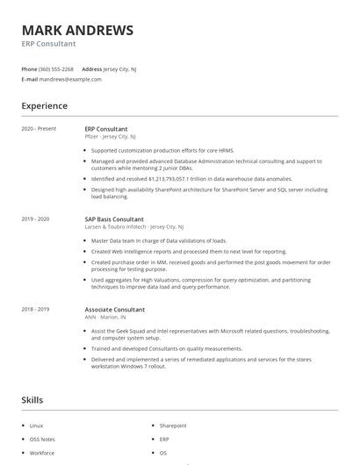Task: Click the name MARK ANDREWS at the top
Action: pos(77,31)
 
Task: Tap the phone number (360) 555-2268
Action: pos(57,68)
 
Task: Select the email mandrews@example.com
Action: pos(70,79)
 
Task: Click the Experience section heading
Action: pos(44,106)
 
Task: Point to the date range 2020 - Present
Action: pos(39,129)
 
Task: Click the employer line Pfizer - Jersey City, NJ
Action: pos(110,137)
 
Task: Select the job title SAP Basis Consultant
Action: pos(114,218)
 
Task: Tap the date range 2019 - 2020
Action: pos(35,218)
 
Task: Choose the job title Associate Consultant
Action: pos(114,310)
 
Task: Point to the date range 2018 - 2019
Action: pos(35,310)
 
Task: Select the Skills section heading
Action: pos(32,400)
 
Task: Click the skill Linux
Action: pos(36,426)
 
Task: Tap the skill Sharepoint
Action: pos(173,426)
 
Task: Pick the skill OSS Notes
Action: pos(42,440)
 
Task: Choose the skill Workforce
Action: pos(42,454)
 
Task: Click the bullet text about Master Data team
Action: pos(158,240)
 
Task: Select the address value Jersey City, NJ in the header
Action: pos(120,68)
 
